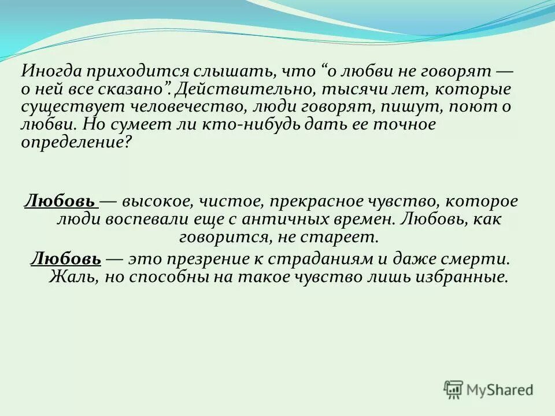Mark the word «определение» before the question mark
(x=72, y=143)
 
